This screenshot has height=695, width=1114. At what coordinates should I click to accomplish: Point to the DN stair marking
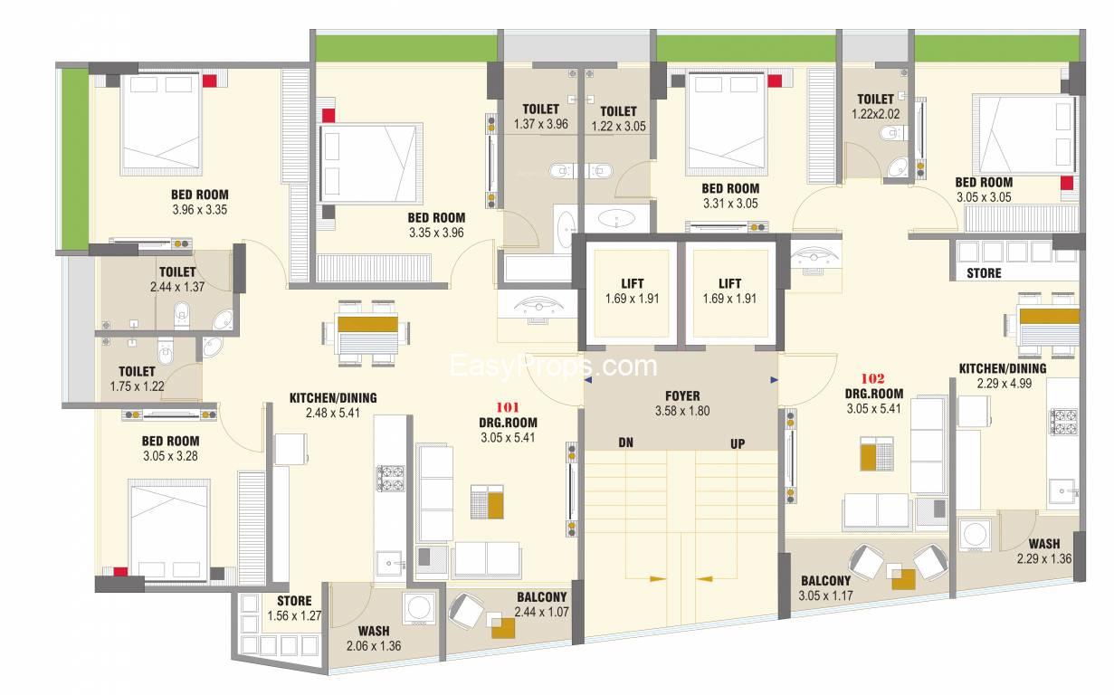(x=625, y=443)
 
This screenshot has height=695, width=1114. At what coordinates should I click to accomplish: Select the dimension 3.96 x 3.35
(x=200, y=210)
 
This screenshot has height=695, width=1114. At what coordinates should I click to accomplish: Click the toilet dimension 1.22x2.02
(x=875, y=114)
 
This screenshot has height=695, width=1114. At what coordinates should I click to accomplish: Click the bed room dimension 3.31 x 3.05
(x=729, y=204)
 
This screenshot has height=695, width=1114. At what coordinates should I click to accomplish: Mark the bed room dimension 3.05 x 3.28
(x=170, y=456)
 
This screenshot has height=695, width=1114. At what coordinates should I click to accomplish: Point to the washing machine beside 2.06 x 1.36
(x=419, y=605)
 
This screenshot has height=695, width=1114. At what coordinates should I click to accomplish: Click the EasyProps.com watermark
(x=554, y=366)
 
